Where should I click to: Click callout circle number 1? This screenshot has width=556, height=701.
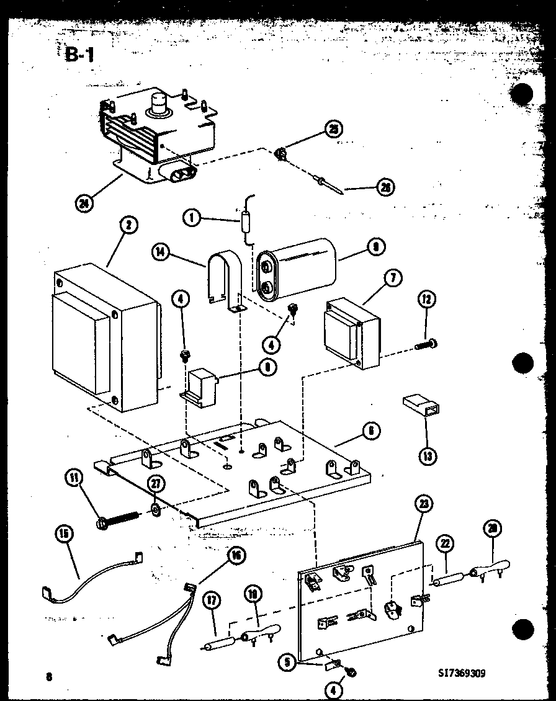pos(192,218)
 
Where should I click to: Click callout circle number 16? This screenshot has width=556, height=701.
pos(236,556)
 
